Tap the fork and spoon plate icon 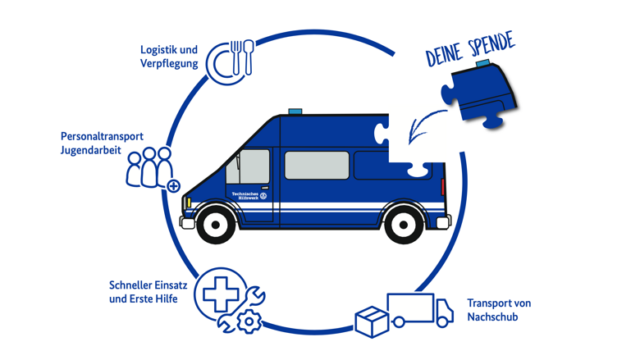pos(230,62)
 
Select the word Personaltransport pos(102,136)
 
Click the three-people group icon pos(149,167)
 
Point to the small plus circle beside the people pos(173,186)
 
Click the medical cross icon pos(221,294)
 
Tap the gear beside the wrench pos(249,321)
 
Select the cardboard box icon pos(372,321)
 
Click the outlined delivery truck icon pos(420,310)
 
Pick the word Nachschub pos(492,317)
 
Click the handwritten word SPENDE pos(491,44)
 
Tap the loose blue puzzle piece pos(480,94)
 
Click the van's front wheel pos(216,225)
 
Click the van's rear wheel pos(404,225)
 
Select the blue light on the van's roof pos(295,112)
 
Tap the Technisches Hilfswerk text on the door pos(245,195)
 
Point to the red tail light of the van pos(442,186)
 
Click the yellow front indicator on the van pos(189,202)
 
